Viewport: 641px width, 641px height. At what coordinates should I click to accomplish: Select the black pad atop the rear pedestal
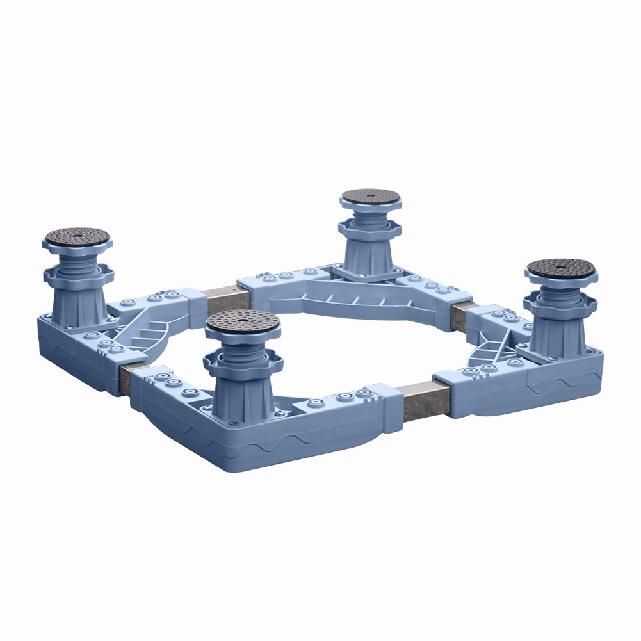371,197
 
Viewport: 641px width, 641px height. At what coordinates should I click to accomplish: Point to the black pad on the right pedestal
562,267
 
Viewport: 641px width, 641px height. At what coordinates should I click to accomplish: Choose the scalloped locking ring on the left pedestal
78,276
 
